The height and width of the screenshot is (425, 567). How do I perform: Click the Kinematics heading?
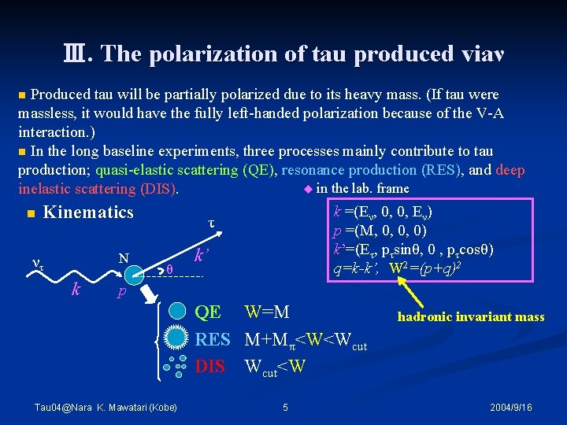(88, 213)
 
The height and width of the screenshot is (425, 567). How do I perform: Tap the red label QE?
(208, 312)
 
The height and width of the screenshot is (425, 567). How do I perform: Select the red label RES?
(212, 339)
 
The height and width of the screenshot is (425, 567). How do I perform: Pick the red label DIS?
(209, 366)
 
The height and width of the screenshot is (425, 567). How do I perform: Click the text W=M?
(267, 312)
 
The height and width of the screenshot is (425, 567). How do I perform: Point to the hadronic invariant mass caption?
(471, 316)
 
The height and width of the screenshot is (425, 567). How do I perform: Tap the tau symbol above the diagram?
(211, 223)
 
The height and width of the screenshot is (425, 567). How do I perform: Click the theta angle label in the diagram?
(169, 268)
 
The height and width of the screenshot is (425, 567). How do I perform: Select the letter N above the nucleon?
(124, 257)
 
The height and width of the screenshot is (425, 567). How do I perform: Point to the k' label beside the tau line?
(202, 254)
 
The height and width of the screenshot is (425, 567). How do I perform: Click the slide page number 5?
(285, 407)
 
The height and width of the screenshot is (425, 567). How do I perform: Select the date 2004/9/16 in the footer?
(510, 407)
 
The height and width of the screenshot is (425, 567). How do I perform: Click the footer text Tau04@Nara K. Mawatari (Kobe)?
(106, 407)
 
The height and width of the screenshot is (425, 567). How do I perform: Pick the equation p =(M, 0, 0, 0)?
(381, 231)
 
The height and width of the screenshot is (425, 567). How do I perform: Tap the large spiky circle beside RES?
(180, 339)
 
